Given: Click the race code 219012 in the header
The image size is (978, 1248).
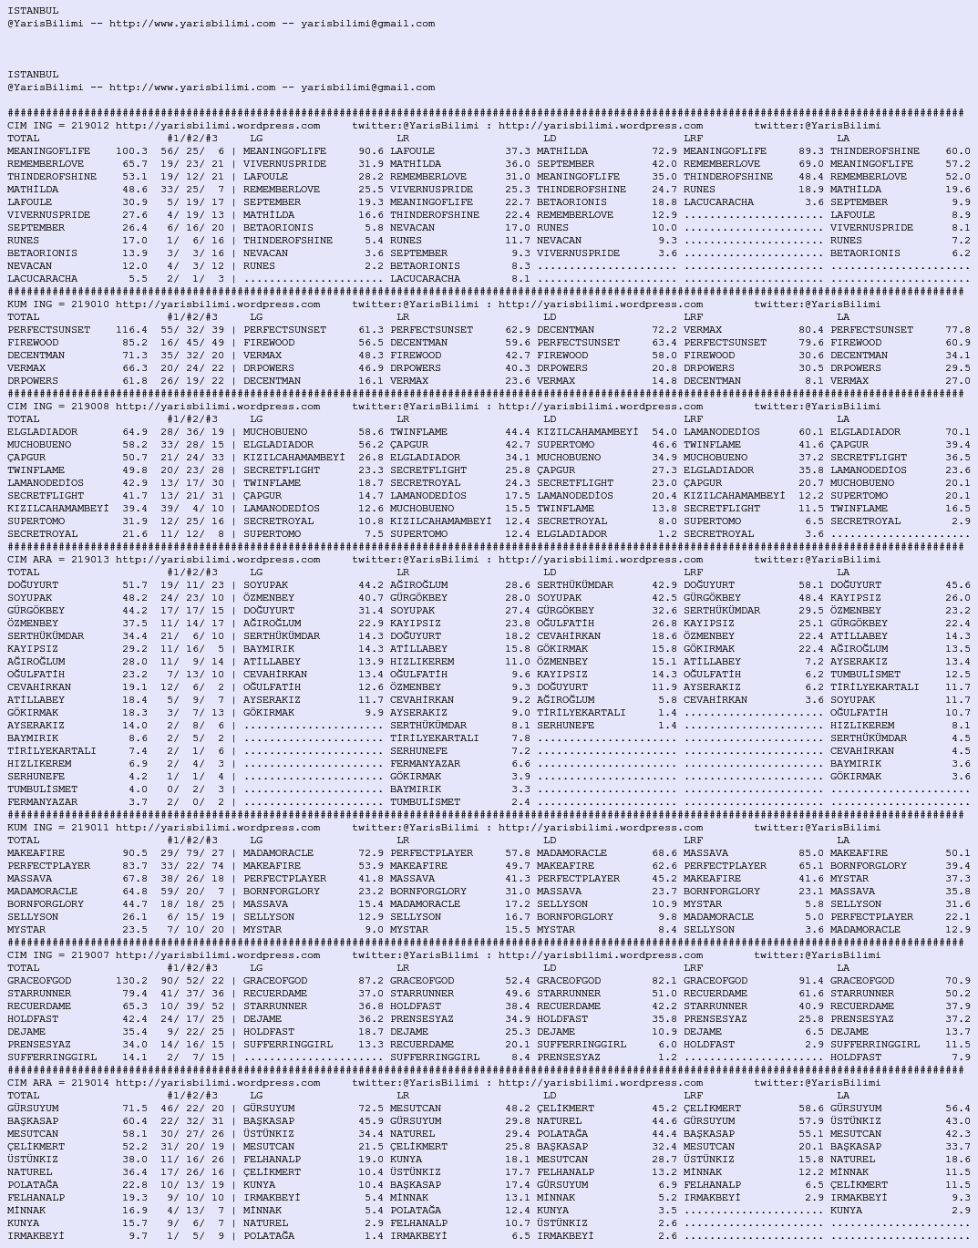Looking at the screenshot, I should click(90, 126).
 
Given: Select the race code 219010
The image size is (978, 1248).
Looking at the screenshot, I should click(90, 304).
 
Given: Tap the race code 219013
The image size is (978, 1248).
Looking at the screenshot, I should click(90, 560).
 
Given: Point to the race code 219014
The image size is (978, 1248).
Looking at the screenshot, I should click(90, 1083).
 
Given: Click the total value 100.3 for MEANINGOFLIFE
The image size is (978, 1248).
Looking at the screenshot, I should click(131, 151).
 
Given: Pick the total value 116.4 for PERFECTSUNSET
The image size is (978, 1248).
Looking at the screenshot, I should click(131, 330).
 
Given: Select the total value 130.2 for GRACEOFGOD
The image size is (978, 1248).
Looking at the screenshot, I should click(131, 981).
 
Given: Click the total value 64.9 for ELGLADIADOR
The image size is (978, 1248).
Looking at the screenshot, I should click(134, 432).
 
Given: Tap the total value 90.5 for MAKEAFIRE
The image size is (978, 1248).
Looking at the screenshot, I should click(134, 853).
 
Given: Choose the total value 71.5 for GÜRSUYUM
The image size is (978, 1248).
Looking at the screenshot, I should click(134, 1109).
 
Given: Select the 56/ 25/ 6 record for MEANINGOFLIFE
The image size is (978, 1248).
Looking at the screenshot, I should click(191, 151).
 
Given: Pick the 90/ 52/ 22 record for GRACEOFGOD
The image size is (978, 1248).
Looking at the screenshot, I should click(191, 981).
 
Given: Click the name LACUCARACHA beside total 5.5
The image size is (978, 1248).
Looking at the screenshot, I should click(42, 279).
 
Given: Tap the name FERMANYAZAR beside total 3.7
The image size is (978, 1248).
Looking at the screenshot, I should click(42, 802).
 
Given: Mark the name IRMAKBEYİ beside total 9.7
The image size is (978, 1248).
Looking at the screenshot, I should click(36, 1236).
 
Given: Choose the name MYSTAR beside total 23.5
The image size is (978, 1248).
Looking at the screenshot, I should click(26, 930).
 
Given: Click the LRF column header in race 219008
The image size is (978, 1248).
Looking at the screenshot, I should click(693, 419).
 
